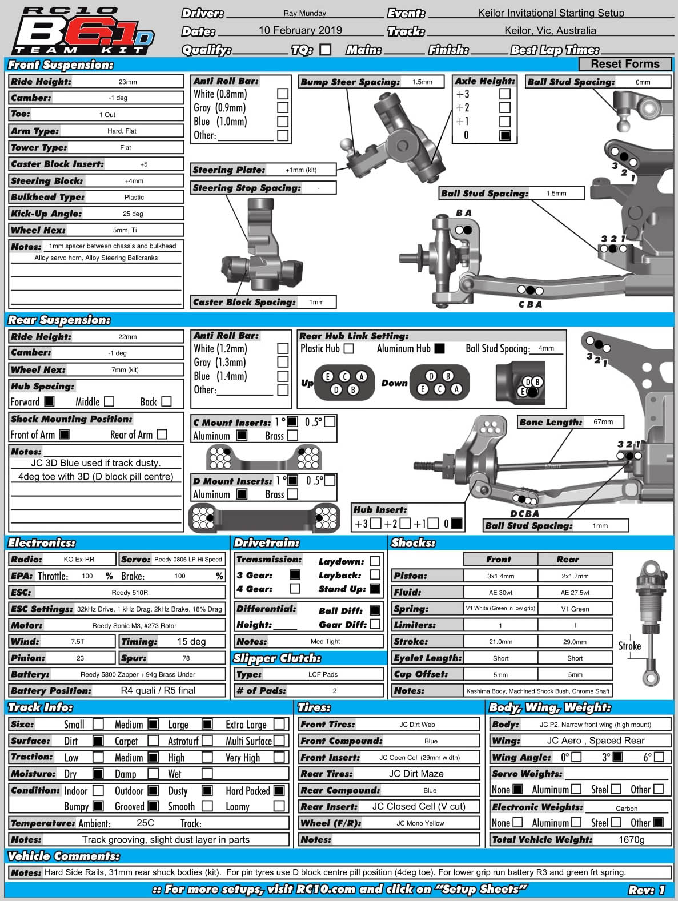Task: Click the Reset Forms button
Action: click(625, 64)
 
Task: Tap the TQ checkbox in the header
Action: click(326, 50)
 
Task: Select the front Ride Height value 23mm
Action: click(127, 82)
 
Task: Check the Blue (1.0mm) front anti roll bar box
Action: click(283, 122)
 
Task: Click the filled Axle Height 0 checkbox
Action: click(505, 136)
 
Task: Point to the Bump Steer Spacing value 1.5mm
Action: click(422, 82)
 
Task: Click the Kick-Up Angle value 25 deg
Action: click(133, 214)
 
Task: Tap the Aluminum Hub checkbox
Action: click(439, 348)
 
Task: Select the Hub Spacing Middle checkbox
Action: click(109, 401)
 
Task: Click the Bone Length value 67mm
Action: click(603, 422)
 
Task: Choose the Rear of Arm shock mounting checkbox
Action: click(162, 435)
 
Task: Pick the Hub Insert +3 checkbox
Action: click(375, 523)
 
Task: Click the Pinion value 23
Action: click(80, 658)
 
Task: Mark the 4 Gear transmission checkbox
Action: click(295, 589)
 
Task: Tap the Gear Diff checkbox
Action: click(375, 625)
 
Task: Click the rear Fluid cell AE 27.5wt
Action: click(575, 593)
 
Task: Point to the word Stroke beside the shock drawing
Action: click(629, 646)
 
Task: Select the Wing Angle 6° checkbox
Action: click(659, 757)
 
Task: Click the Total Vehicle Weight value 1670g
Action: click(631, 839)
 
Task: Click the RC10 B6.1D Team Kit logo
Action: click(83, 31)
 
